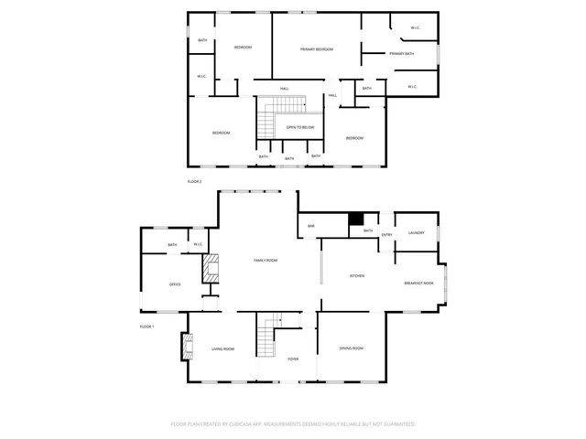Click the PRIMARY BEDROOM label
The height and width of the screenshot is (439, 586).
coord(317,48)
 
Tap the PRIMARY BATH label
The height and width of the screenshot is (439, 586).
coord(401,54)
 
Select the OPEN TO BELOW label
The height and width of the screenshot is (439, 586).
coord(300,127)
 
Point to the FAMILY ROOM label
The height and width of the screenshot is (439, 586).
coord(266,261)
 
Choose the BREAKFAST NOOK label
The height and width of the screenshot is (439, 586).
coord(418,284)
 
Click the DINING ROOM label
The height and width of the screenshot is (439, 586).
coord(352,348)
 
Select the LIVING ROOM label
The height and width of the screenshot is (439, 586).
coord(224,348)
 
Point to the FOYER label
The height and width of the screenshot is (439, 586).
coord(293,359)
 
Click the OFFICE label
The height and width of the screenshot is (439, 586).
coord(175,284)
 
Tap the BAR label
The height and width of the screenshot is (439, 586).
coord(311,226)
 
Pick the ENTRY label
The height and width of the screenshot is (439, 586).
coord(387,235)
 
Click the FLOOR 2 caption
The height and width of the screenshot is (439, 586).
coord(194,182)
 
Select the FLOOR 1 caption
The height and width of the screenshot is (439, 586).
coord(146,327)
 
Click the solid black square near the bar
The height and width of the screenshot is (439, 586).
coord(357,219)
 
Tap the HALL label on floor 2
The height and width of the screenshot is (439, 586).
coord(285,88)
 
